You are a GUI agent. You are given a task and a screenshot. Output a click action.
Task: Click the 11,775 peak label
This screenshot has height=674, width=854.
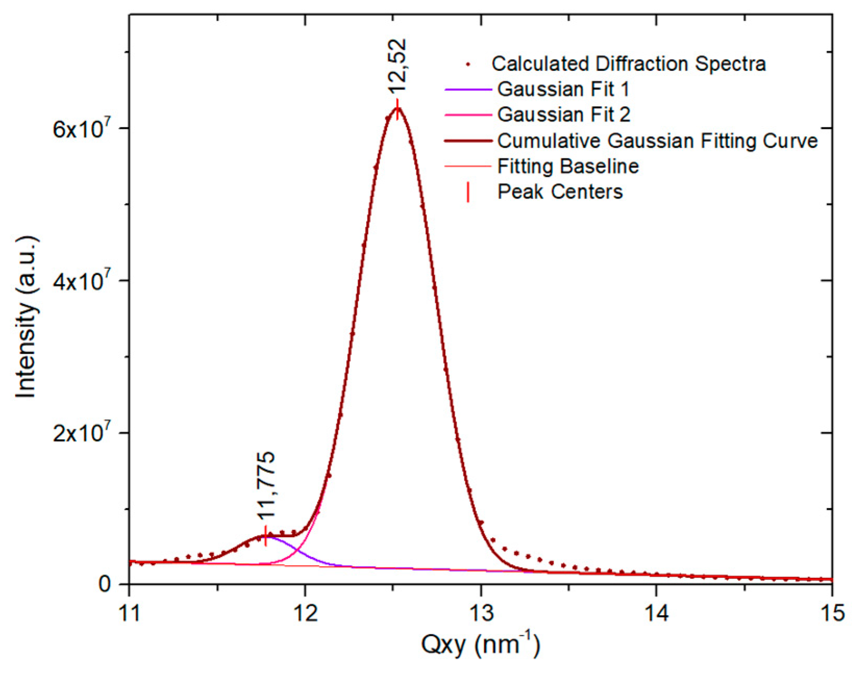tap(266, 486)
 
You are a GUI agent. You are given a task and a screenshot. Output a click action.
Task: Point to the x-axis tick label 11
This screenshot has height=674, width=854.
tap(129, 614)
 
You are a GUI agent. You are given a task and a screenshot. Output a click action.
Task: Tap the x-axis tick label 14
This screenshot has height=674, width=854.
tap(657, 614)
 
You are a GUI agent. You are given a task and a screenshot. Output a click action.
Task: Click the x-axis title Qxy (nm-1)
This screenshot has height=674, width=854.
tap(480, 645)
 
